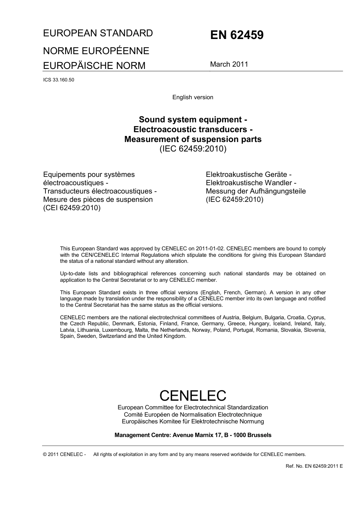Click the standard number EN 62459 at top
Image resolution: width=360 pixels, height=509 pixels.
(236, 35)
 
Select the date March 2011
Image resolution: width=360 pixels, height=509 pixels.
(229, 64)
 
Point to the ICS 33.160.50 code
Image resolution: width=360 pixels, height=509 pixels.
(58, 80)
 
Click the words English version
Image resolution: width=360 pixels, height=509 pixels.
(193, 97)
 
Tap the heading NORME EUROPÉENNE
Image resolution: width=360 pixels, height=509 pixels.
(96, 51)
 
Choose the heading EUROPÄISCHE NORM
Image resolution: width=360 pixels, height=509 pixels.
(94, 66)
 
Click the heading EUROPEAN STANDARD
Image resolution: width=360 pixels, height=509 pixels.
(98, 33)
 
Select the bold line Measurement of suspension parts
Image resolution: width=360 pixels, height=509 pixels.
(193, 139)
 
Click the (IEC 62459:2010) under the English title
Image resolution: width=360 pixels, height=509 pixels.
(193, 148)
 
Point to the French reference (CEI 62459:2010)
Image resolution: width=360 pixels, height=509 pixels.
(72, 208)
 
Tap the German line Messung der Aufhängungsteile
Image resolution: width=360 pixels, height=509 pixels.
(255, 191)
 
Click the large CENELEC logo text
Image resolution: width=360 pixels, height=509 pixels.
(193, 395)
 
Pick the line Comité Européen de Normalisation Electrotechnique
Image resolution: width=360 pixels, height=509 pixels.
(193, 414)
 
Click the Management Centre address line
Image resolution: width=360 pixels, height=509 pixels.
(193, 435)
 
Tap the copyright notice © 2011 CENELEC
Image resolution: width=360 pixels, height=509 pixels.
(64, 454)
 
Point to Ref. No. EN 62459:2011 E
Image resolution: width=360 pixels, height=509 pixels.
(314, 466)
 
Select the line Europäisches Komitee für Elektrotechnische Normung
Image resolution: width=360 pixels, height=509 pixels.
(193, 421)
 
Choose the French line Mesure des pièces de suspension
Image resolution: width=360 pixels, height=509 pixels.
(98, 199)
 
